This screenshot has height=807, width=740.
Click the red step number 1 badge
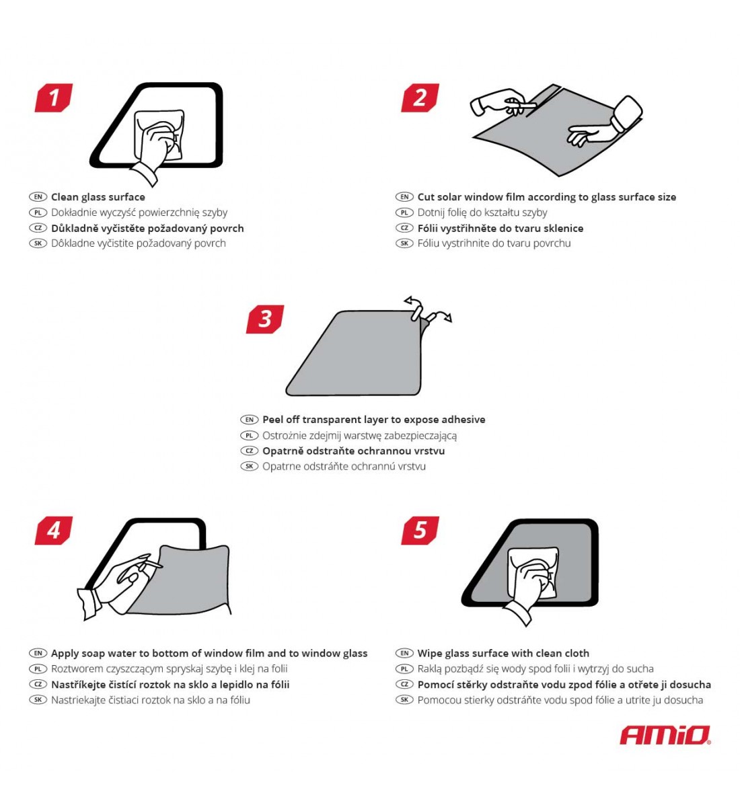[54, 98]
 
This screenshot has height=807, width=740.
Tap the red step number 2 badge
[420, 98]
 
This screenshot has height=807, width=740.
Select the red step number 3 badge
[265, 319]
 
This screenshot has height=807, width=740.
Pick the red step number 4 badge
[54, 531]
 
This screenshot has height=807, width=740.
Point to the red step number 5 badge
[420, 531]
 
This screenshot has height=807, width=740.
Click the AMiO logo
[665, 735]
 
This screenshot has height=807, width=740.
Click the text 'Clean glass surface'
[98, 197]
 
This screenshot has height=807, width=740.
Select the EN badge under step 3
[249, 420]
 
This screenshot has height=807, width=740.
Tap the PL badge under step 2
[404, 213]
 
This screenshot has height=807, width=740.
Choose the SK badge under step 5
[404, 700]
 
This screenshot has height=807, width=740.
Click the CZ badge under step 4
[38, 685]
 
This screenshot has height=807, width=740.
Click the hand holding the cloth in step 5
[531, 582]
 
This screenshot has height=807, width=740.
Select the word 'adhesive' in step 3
[462, 420]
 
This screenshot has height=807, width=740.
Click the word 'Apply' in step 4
[65, 653]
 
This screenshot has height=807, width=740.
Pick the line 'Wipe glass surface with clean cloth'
[503, 653]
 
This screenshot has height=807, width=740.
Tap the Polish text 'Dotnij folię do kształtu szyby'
[482, 213]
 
